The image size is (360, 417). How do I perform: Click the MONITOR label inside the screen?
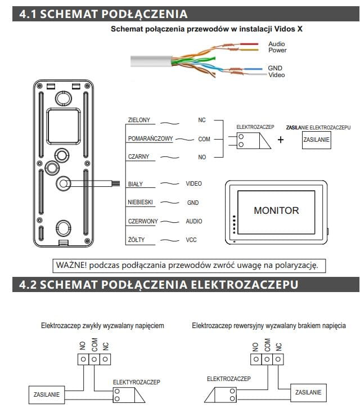coord(276,210)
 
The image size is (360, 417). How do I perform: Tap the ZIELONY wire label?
coord(138,120)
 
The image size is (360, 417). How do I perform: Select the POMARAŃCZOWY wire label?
coord(150,138)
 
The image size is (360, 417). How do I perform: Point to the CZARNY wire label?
coord(138,157)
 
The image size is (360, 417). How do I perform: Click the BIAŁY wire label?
coord(136,183)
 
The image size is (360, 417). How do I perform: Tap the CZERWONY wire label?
coord(142,221)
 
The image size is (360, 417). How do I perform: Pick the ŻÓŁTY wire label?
coord(136,240)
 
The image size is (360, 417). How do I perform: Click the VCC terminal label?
coord(191,240)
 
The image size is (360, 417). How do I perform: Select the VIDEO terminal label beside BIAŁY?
coord(193,183)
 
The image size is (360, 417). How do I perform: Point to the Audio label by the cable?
coord(276,44)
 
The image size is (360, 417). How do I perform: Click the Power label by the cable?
coord(277,50)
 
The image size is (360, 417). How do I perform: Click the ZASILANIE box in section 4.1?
coord(317,140)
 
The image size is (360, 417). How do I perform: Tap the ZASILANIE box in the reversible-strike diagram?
coord(308,392)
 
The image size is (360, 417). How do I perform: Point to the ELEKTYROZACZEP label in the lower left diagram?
coord(137,382)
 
